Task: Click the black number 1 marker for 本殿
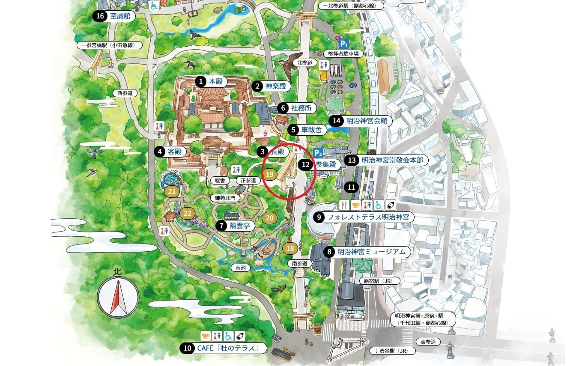coord(200,81)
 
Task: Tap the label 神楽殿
coord(275,86)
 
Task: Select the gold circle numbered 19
coord(269,174)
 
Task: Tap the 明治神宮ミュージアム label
coord(371,252)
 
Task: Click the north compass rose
coord(118,297)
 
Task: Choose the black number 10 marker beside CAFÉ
coord(187,348)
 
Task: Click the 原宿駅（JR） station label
coord(376,281)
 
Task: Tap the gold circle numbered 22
coord(187,213)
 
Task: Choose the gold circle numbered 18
coord(290,248)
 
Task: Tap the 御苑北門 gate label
coord(225,198)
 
